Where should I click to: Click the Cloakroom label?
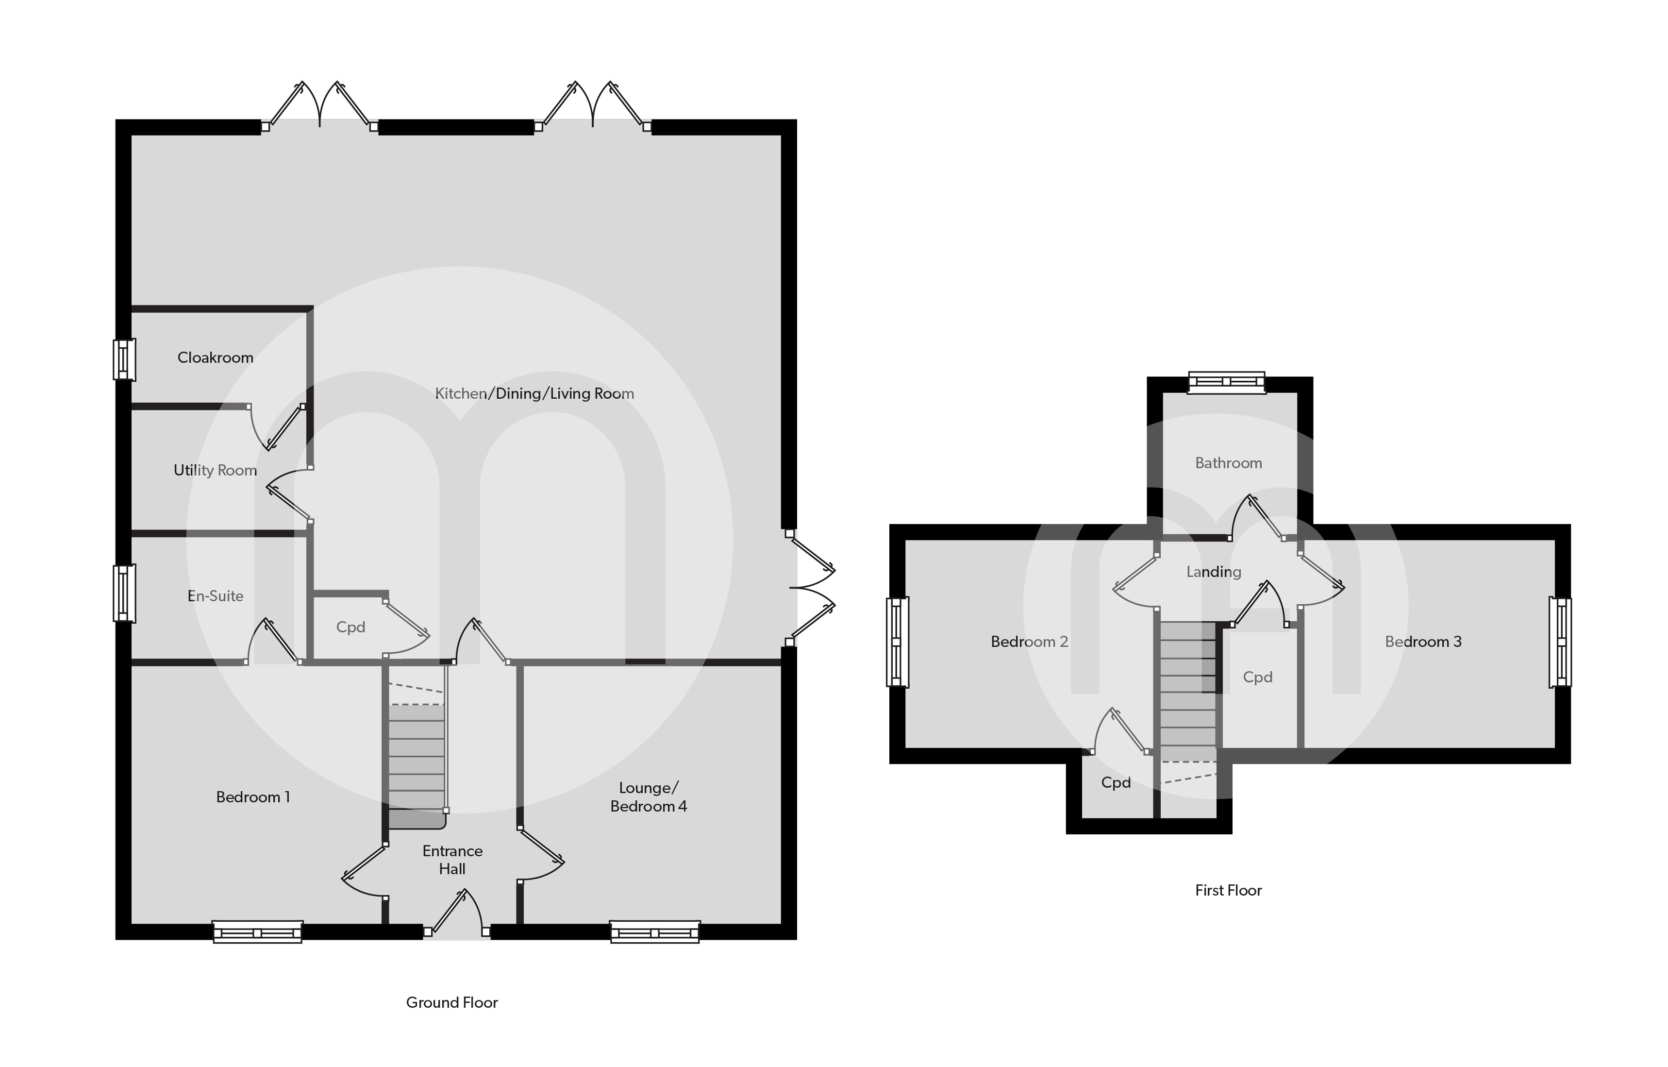tap(216, 357)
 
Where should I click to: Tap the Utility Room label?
tap(216, 471)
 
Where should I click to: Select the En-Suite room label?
tap(216, 596)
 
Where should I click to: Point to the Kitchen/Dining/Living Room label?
tap(534, 393)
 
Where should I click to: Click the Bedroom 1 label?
tap(253, 797)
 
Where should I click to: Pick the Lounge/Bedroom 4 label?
tap(649, 797)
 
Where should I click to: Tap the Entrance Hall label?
tap(452, 860)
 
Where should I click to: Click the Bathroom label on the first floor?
tap(1228, 463)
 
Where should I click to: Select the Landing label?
tap(1214, 572)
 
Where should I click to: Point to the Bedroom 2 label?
tap(1029, 642)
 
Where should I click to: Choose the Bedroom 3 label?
tap(1423, 642)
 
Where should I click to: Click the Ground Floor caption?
tap(451, 1002)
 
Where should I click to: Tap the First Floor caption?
tap(1228, 890)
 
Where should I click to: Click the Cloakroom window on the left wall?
tap(124, 359)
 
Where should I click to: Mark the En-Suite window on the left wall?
tap(124, 593)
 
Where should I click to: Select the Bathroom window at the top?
tap(1227, 382)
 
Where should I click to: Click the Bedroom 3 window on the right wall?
tap(1561, 642)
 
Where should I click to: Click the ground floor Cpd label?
tap(350, 627)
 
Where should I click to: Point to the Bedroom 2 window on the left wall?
tap(897, 642)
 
